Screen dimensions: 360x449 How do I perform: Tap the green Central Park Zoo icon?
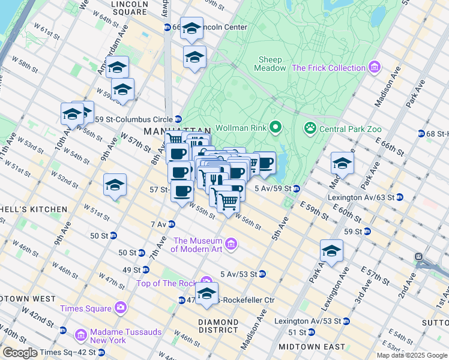[310, 127]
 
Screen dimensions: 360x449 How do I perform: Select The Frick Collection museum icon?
[375, 68]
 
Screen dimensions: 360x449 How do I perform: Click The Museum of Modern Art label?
[197, 245]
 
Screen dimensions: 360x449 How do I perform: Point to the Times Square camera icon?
[121, 308]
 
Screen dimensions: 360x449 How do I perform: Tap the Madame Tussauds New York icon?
[82, 334]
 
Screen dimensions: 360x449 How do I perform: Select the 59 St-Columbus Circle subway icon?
[178, 119]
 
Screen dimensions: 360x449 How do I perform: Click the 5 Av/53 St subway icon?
[262, 274]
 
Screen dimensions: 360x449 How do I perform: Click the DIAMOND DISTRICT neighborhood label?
[218, 325]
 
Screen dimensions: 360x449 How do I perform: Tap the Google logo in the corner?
[20, 353]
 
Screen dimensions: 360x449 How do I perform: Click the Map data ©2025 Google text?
[412, 355]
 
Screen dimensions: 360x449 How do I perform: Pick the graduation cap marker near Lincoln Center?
[191, 28]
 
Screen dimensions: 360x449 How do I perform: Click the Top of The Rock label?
[167, 284]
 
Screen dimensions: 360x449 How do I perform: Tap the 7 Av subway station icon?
[172, 224]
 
